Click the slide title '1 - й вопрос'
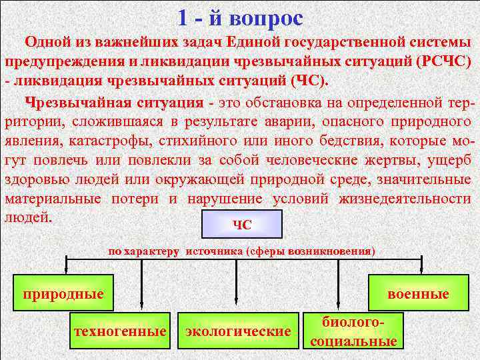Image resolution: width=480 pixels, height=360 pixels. [240, 17]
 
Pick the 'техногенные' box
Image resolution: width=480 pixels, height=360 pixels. [121, 331]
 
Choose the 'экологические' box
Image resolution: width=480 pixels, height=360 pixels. [237, 331]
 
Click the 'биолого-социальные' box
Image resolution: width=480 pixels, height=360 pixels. [353, 331]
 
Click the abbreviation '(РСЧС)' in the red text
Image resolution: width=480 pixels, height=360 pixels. [443, 62]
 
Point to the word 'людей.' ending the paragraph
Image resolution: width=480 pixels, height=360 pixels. [29, 217]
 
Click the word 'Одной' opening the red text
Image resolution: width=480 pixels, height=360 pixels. [49, 43]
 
